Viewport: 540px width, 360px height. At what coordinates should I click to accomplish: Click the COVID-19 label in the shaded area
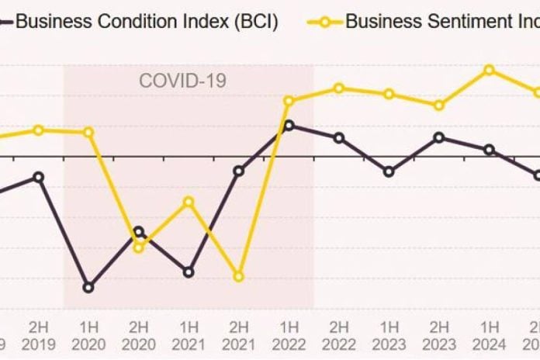click(182, 80)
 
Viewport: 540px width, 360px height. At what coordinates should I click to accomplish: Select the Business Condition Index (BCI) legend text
click(146, 20)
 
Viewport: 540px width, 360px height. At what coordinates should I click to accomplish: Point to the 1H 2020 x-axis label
click(88, 334)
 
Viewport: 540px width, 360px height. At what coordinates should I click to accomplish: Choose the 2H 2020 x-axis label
click(138, 334)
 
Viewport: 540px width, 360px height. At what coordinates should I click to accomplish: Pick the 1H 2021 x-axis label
click(189, 334)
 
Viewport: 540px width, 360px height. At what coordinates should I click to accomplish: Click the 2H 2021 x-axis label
click(238, 334)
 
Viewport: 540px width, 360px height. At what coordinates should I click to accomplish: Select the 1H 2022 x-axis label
click(289, 334)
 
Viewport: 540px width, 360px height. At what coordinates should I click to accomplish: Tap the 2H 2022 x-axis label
click(339, 334)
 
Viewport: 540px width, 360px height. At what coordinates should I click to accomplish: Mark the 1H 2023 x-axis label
click(389, 334)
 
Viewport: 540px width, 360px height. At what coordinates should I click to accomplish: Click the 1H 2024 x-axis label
click(489, 334)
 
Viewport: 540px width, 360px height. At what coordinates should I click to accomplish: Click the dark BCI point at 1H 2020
click(88, 287)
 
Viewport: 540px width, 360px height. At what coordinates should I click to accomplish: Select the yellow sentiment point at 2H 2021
click(239, 276)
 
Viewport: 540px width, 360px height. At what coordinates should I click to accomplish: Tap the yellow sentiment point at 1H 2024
click(489, 70)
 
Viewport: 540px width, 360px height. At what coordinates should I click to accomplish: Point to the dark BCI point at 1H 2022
click(289, 125)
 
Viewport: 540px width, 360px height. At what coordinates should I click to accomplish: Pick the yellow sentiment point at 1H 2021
click(189, 202)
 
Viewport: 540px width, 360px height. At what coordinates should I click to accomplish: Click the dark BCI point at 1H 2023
click(389, 171)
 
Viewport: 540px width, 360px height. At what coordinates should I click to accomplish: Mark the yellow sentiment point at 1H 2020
click(88, 132)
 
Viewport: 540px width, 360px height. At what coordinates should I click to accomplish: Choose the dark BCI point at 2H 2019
click(38, 177)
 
